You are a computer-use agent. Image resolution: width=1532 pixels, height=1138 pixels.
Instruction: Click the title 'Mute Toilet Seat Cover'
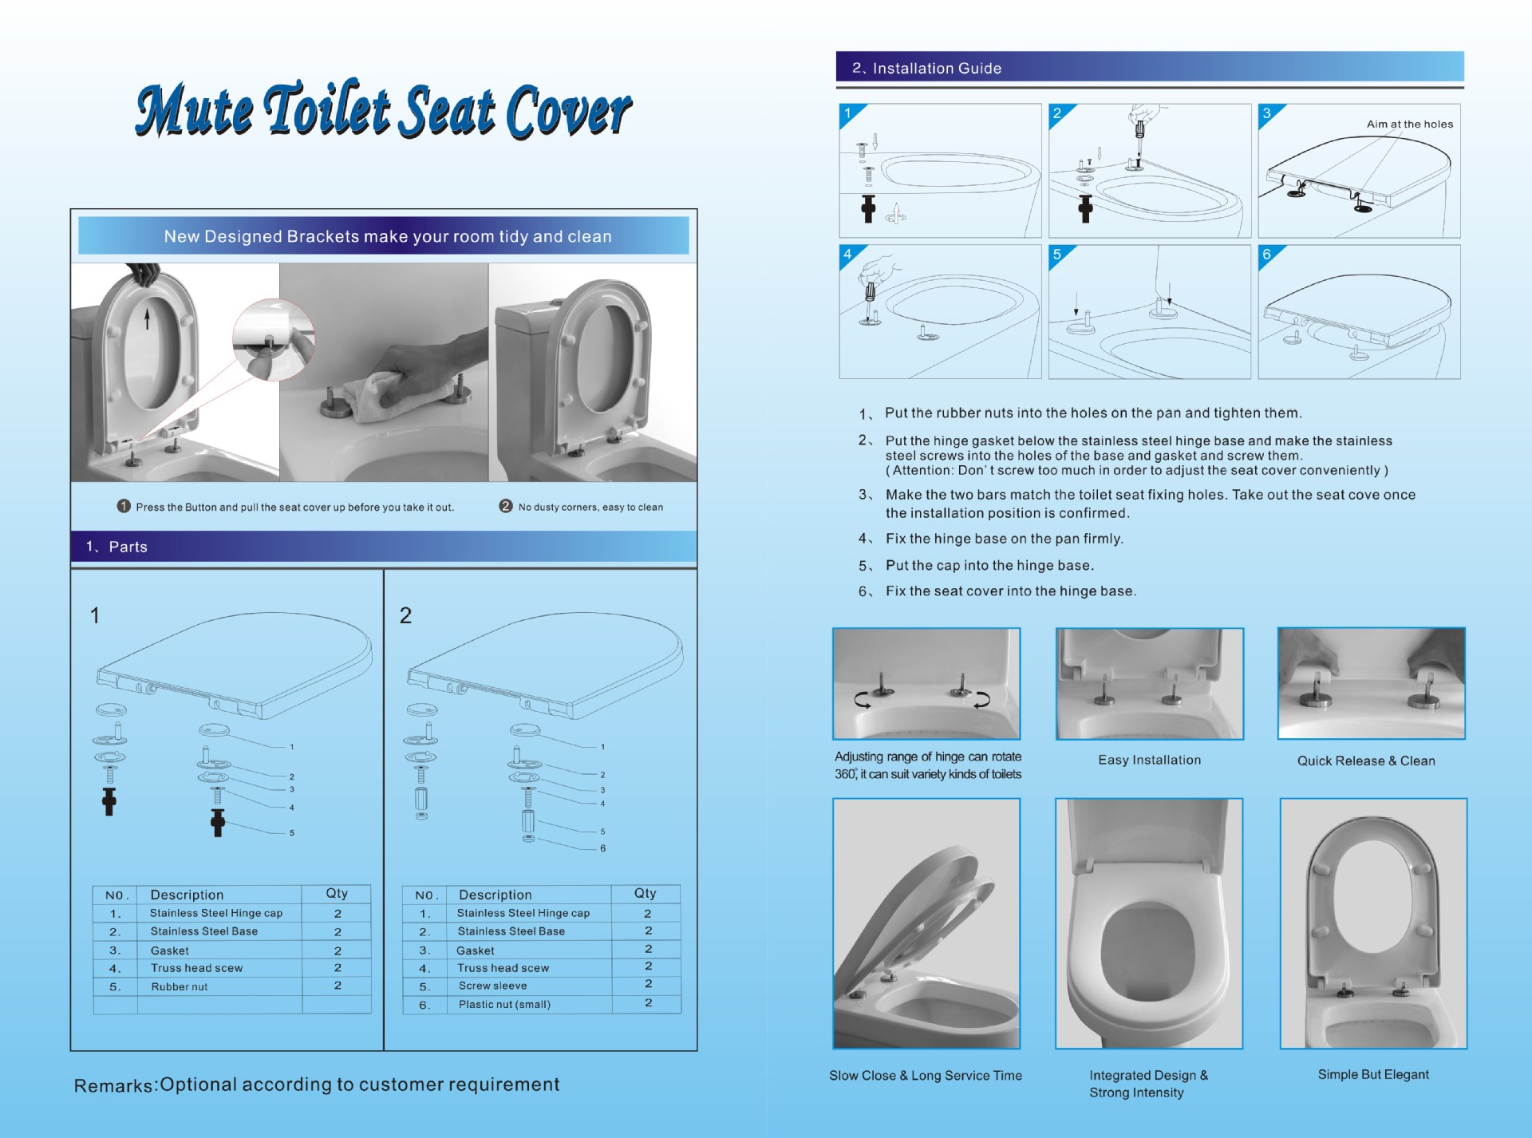tap(384, 109)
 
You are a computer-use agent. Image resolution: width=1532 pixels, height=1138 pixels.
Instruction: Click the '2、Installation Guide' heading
tap(926, 69)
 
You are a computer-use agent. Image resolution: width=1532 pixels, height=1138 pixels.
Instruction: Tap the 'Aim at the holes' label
tap(1409, 124)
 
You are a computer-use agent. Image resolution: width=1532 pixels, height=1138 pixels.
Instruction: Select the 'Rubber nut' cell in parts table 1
tap(180, 987)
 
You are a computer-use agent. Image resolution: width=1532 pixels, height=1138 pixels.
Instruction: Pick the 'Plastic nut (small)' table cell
tap(504, 1005)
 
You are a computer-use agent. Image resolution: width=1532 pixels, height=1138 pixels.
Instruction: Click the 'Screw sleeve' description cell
tap(492, 986)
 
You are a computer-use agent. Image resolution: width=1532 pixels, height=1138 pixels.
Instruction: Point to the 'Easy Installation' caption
tap(1149, 761)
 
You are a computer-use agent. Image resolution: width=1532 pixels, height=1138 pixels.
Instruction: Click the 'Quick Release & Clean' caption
tap(1366, 761)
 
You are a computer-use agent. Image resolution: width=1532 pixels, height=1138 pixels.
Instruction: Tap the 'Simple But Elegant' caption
tap(1373, 1075)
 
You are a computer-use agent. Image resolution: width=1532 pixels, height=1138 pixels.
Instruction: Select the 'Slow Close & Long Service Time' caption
tap(926, 1076)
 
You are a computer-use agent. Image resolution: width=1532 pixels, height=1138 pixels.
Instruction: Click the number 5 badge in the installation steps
tap(1057, 255)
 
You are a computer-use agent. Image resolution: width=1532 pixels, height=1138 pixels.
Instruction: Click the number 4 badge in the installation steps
tap(847, 255)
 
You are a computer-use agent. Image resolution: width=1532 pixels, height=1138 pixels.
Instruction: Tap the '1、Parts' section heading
tap(116, 547)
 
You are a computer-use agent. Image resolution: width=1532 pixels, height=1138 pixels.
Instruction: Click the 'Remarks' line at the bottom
tap(317, 1085)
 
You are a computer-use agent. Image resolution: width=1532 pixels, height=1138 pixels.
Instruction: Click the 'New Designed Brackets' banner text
tap(388, 237)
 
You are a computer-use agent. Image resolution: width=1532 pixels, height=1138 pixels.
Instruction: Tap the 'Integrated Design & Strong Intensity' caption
tap(1149, 1085)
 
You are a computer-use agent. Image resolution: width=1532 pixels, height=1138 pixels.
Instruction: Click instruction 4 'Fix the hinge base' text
tap(1004, 539)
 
